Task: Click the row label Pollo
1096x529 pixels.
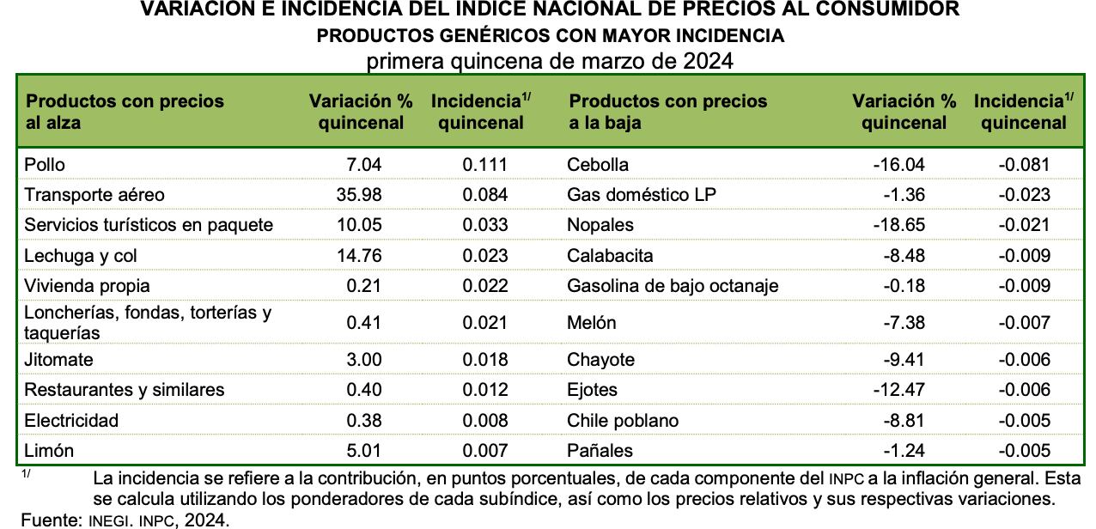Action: tap(45, 164)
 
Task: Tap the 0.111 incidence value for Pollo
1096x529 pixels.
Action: tap(485, 164)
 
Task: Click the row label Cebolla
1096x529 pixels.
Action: tap(598, 164)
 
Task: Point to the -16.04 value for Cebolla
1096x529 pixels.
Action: tap(898, 164)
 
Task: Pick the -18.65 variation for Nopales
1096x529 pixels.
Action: tap(898, 225)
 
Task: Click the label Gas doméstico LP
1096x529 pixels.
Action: tap(641, 194)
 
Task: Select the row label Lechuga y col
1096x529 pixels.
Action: tap(81, 256)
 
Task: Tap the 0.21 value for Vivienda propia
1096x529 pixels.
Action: tap(363, 286)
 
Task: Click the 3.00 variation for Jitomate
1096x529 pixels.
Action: tap(363, 360)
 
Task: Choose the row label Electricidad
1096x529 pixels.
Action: tap(71, 421)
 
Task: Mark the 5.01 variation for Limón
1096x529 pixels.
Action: tap(363, 451)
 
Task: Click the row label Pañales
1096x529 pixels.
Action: tap(600, 451)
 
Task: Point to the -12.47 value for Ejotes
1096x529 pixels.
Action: tap(898, 390)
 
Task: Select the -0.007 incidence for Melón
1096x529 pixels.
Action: tap(1024, 323)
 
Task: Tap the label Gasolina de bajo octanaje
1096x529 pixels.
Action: tap(673, 286)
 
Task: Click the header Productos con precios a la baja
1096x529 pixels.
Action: tap(667, 112)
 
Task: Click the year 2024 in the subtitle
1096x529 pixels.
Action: tap(709, 62)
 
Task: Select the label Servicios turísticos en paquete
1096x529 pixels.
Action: tap(149, 225)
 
